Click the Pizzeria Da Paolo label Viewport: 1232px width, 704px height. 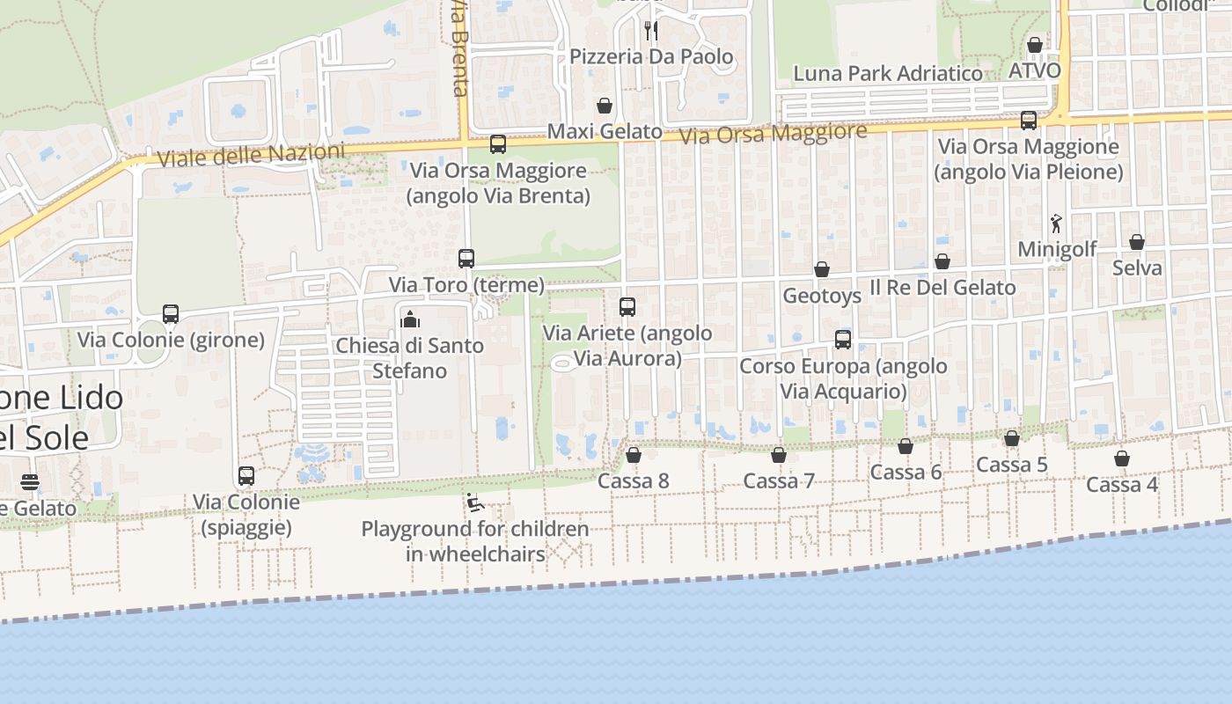click(x=651, y=57)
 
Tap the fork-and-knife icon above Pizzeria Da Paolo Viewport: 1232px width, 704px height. click(x=651, y=30)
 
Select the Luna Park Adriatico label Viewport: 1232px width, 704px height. click(x=888, y=73)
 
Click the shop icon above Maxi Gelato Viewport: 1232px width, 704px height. click(x=605, y=106)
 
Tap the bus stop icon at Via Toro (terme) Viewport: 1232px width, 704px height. click(x=466, y=259)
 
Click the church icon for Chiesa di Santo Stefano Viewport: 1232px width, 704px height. click(x=410, y=319)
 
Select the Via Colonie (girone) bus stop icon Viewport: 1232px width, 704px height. click(x=171, y=314)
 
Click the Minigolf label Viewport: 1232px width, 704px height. click(x=1057, y=250)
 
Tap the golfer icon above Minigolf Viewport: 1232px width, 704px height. click(x=1056, y=224)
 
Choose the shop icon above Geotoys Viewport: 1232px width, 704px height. click(x=822, y=269)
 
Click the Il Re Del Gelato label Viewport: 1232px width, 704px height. click(x=942, y=288)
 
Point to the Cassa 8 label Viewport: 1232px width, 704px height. click(x=634, y=481)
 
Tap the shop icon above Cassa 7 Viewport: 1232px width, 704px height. click(x=779, y=456)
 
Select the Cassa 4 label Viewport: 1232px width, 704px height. click(x=1122, y=485)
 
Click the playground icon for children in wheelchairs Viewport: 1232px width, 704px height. click(x=475, y=503)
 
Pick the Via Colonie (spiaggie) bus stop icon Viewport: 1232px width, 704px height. click(x=246, y=476)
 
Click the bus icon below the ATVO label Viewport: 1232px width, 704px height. click(x=1029, y=121)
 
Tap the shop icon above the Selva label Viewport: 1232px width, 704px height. click(x=1137, y=242)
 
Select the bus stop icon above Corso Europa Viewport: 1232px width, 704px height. click(x=843, y=340)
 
